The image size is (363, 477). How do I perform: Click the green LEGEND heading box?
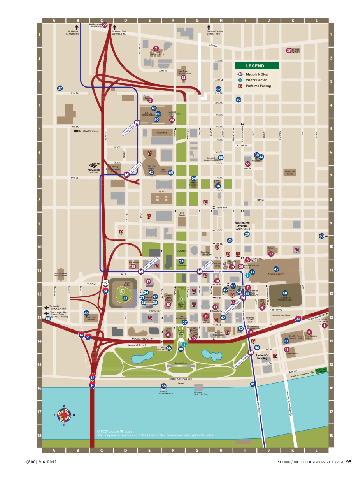pos(256,66)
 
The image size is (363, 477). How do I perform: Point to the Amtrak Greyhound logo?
pos(94,168)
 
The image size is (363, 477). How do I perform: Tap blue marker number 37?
pos(60,88)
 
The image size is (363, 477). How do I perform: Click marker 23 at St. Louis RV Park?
pos(288,50)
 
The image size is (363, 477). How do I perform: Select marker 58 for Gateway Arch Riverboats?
pos(164,386)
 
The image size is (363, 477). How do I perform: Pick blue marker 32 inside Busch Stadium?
pos(125,298)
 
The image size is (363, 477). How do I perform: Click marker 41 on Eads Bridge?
pos(253,384)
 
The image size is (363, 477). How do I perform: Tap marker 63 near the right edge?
pos(321,236)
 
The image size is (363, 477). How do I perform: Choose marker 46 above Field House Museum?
pos(86,313)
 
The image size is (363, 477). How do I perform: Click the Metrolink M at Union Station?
pos(137,122)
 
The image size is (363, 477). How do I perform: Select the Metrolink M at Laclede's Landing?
pos(251,352)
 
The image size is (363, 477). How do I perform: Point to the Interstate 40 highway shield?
pos(105,283)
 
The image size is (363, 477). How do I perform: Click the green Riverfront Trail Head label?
pos(321,370)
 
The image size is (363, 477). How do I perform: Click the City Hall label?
pos(161,192)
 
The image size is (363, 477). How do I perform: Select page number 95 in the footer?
pos(349,462)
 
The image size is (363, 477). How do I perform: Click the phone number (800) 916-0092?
pos(42,462)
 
